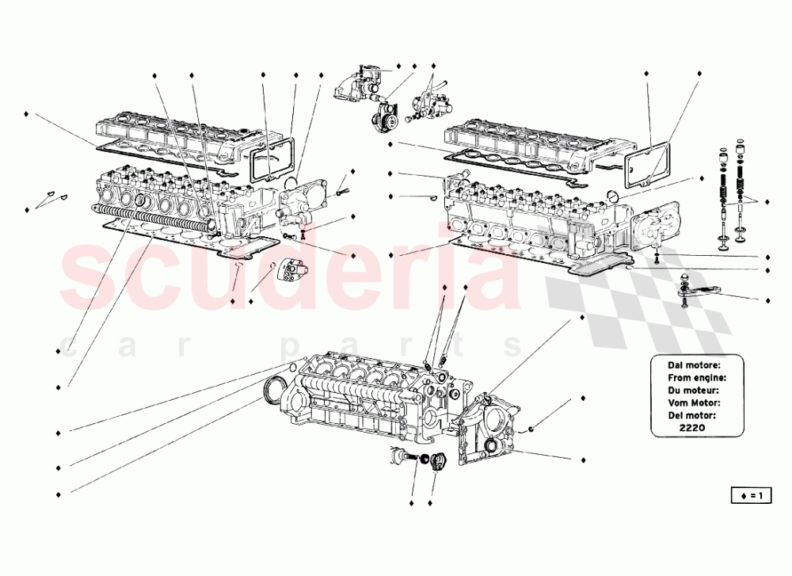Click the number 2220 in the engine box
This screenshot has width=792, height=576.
[692, 428]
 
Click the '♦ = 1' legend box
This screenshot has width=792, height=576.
[750, 496]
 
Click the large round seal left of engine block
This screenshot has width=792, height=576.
[275, 391]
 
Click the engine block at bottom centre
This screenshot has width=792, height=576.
[356, 396]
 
